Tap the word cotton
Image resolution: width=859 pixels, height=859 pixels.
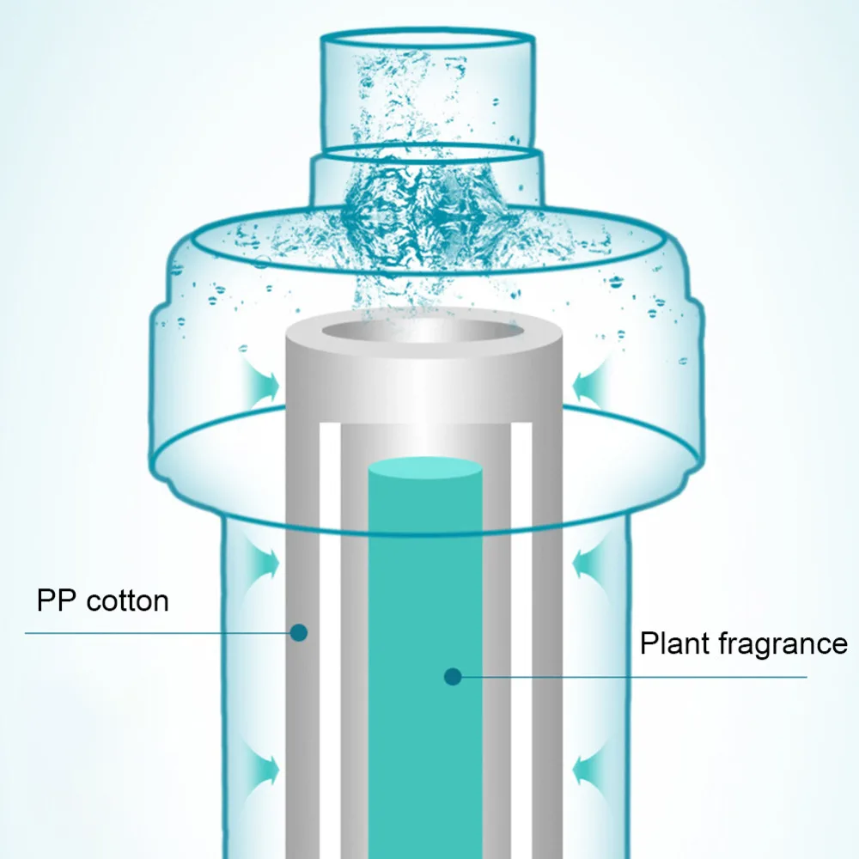(127, 600)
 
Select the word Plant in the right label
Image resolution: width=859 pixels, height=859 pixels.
(673, 643)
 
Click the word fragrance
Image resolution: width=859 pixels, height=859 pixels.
(781, 643)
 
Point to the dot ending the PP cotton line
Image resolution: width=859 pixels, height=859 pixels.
(299, 633)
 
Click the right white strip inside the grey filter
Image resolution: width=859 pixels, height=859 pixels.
(521, 644)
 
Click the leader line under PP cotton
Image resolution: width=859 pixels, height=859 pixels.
(155, 633)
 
